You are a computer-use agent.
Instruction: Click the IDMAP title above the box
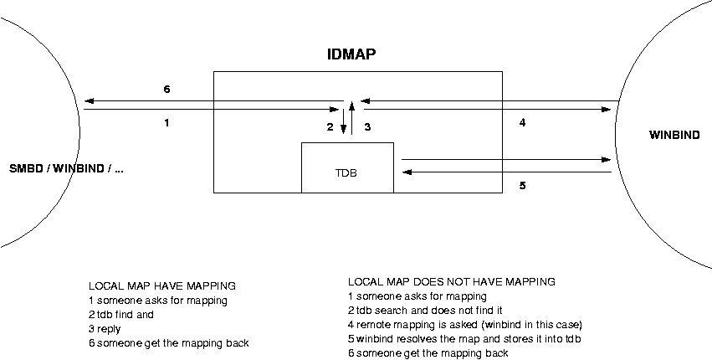pyautogui.click(x=351, y=55)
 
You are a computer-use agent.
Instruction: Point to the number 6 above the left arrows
pyautogui.click(x=166, y=88)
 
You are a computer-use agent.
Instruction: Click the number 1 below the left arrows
pyautogui.click(x=166, y=123)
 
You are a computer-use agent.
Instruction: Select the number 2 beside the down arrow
pyautogui.click(x=330, y=127)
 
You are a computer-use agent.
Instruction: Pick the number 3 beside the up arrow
pyautogui.click(x=366, y=127)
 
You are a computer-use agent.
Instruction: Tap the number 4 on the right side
pyautogui.click(x=522, y=123)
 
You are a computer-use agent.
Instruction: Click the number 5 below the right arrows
pyautogui.click(x=522, y=186)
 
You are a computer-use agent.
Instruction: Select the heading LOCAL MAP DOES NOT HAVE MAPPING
pyautogui.click(x=451, y=282)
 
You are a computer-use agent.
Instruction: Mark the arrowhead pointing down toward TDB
pyautogui.click(x=343, y=129)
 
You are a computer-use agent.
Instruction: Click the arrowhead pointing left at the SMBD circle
pyautogui.click(x=88, y=101)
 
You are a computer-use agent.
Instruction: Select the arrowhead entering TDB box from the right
pyautogui.click(x=407, y=172)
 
